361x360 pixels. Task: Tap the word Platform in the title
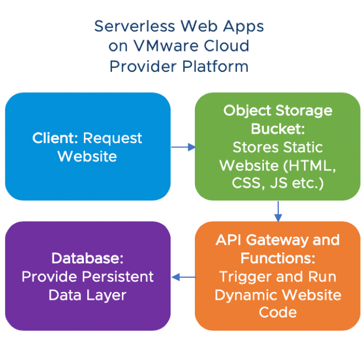click(x=213, y=66)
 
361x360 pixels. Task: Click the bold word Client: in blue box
click(x=55, y=138)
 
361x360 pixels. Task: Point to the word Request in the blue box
click(x=112, y=138)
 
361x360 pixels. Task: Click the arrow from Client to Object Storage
click(x=183, y=147)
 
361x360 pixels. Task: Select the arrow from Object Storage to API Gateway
click(x=278, y=210)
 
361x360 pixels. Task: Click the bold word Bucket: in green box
click(x=278, y=129)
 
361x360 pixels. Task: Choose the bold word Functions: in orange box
click(x=278, y=258)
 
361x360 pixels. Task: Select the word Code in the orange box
click(x=278, y=313)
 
